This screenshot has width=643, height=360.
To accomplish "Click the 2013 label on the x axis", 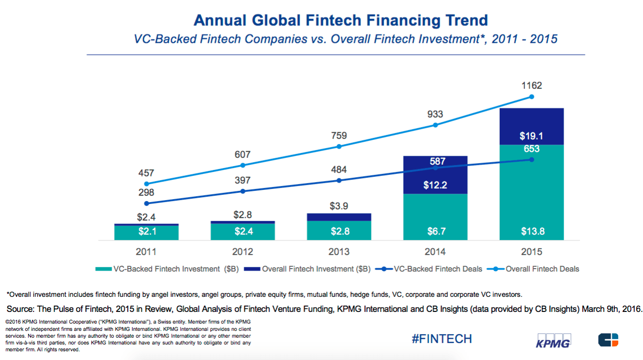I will click(339, 252).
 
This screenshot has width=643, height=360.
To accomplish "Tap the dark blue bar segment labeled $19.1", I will click(531, 126).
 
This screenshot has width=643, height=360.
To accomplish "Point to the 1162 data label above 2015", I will click(532, 86).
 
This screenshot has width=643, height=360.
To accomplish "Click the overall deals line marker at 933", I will click(435, 125).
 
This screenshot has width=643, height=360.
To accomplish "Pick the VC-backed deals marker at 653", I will click(532, 159).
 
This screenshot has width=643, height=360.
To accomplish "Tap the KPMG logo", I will click(553, 340).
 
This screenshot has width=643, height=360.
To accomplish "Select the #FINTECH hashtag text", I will click(441, 339).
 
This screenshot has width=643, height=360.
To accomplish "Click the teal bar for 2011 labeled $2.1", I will click(146, 233).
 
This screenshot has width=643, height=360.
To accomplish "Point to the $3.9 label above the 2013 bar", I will click(339, 206).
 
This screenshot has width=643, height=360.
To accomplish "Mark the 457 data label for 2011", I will click(146, 173).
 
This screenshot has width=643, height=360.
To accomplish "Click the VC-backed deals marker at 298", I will click(147, 203).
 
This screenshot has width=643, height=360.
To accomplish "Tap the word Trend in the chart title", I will click(464, 20).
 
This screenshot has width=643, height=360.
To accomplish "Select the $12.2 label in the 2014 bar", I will click(435, 185).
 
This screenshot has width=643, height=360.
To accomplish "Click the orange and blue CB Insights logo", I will click(608, 340).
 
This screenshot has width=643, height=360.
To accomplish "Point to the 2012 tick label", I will click(243, 252).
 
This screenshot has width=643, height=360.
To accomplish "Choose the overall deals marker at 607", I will click(243, 165).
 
